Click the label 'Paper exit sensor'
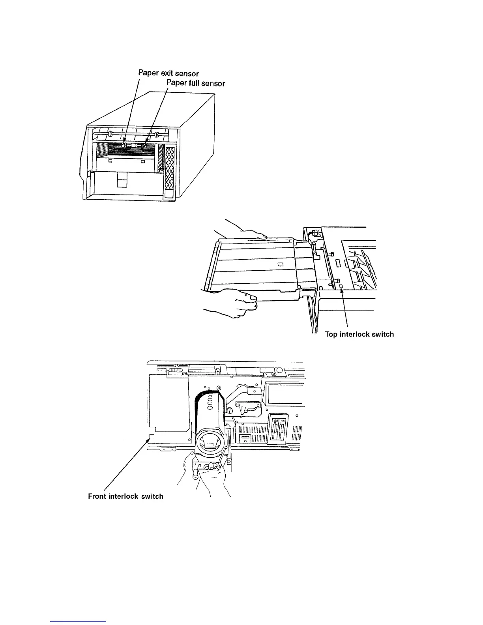click(x=168, y=73)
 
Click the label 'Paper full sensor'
click(x=196, y=83)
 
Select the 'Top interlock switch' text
click(x=359, y=334)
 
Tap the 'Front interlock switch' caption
click(x=125, y=496)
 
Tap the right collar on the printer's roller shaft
click(x=157, y=134)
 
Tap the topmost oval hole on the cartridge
click(x=210, y=397)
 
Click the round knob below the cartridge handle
click(x=195, y=476)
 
